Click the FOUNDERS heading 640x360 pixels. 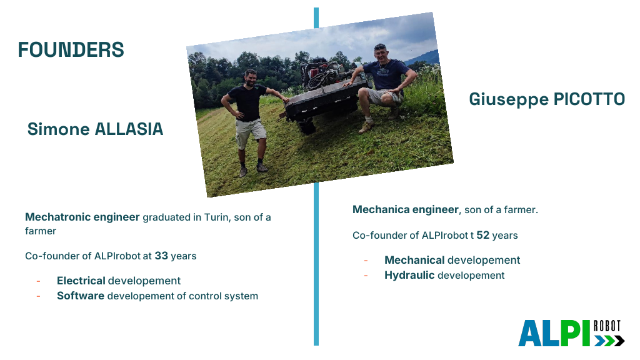coord(71,50)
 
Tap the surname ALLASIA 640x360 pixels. coord(129,129)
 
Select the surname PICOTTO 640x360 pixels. coord(589,99)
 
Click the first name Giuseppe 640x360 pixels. coord(509,100)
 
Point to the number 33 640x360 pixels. coord(161,256)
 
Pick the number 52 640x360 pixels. coord(483,235)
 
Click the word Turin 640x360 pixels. coord(217,217)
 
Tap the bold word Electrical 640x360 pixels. coord(81,281)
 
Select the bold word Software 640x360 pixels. coord(81,296)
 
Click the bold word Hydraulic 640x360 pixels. coord(409,276)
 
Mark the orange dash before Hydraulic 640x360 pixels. coord(366,276)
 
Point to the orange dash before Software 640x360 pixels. coord(38,296)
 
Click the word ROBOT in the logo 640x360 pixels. coord(607,326)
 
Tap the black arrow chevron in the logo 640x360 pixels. coord(619,341)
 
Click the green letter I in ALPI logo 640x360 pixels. coord(586,333)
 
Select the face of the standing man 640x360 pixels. coord(250,77)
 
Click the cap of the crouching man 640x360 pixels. coord(380,47)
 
